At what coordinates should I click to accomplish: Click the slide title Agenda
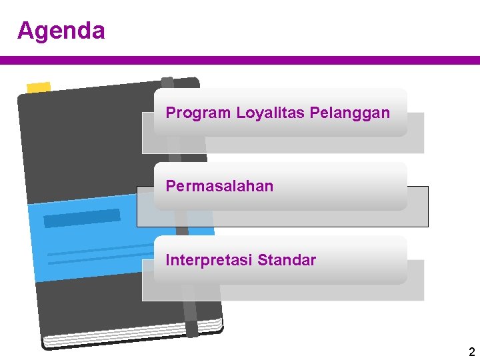(61, 31)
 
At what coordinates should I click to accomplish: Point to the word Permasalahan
(219, 186)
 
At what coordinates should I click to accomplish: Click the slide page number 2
(471, 352)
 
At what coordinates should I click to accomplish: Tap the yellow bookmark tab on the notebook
(38, 87)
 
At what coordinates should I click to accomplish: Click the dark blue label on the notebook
(81, 218)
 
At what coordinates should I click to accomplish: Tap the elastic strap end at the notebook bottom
(192, 328)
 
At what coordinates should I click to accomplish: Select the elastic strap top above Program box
(168, 83)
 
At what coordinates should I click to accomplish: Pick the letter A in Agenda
(25, 31)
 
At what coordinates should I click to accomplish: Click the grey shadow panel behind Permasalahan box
(417, 207)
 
